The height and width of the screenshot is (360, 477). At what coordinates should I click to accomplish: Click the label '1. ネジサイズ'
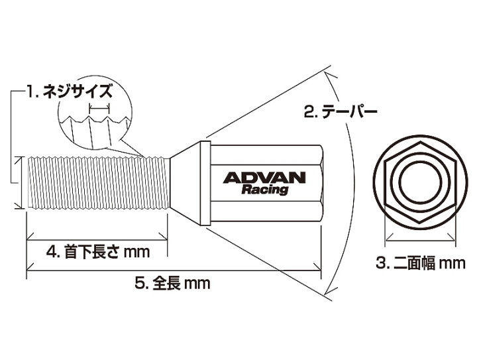(x=70, y=91)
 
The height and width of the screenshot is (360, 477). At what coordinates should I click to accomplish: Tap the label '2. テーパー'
(x=341, y=111)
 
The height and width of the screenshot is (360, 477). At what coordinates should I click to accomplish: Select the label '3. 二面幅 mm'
(x=421, y=263)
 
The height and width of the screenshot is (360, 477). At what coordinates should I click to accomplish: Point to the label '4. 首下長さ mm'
(x=98, y=252)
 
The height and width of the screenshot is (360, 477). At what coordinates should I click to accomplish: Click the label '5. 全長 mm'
(x=172, y=283)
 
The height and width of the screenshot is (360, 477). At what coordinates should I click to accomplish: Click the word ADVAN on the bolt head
(x=264, y=178)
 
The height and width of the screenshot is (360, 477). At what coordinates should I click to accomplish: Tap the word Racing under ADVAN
(x=264, y=190)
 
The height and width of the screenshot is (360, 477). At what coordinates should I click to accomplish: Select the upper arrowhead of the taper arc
(x=331, y=76)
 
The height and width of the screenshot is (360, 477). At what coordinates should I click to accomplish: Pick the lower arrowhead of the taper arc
(x=331, y=290)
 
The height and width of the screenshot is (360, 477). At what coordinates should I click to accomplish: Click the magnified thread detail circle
(x=95, y=111)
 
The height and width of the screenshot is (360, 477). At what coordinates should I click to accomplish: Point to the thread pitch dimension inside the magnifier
(x=99, y=107)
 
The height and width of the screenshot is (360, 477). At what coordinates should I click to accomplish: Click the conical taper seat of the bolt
(x=185, y=183)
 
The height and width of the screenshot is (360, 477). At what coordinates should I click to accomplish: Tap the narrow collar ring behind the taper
(x=205, y=183)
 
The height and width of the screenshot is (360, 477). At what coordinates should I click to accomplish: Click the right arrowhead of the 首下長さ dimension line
(x=164, y=237)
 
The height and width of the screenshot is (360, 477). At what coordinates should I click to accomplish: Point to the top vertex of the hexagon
(x=420, y=141)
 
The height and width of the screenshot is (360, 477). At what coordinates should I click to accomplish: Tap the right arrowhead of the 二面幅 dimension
(x=451, y=236)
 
